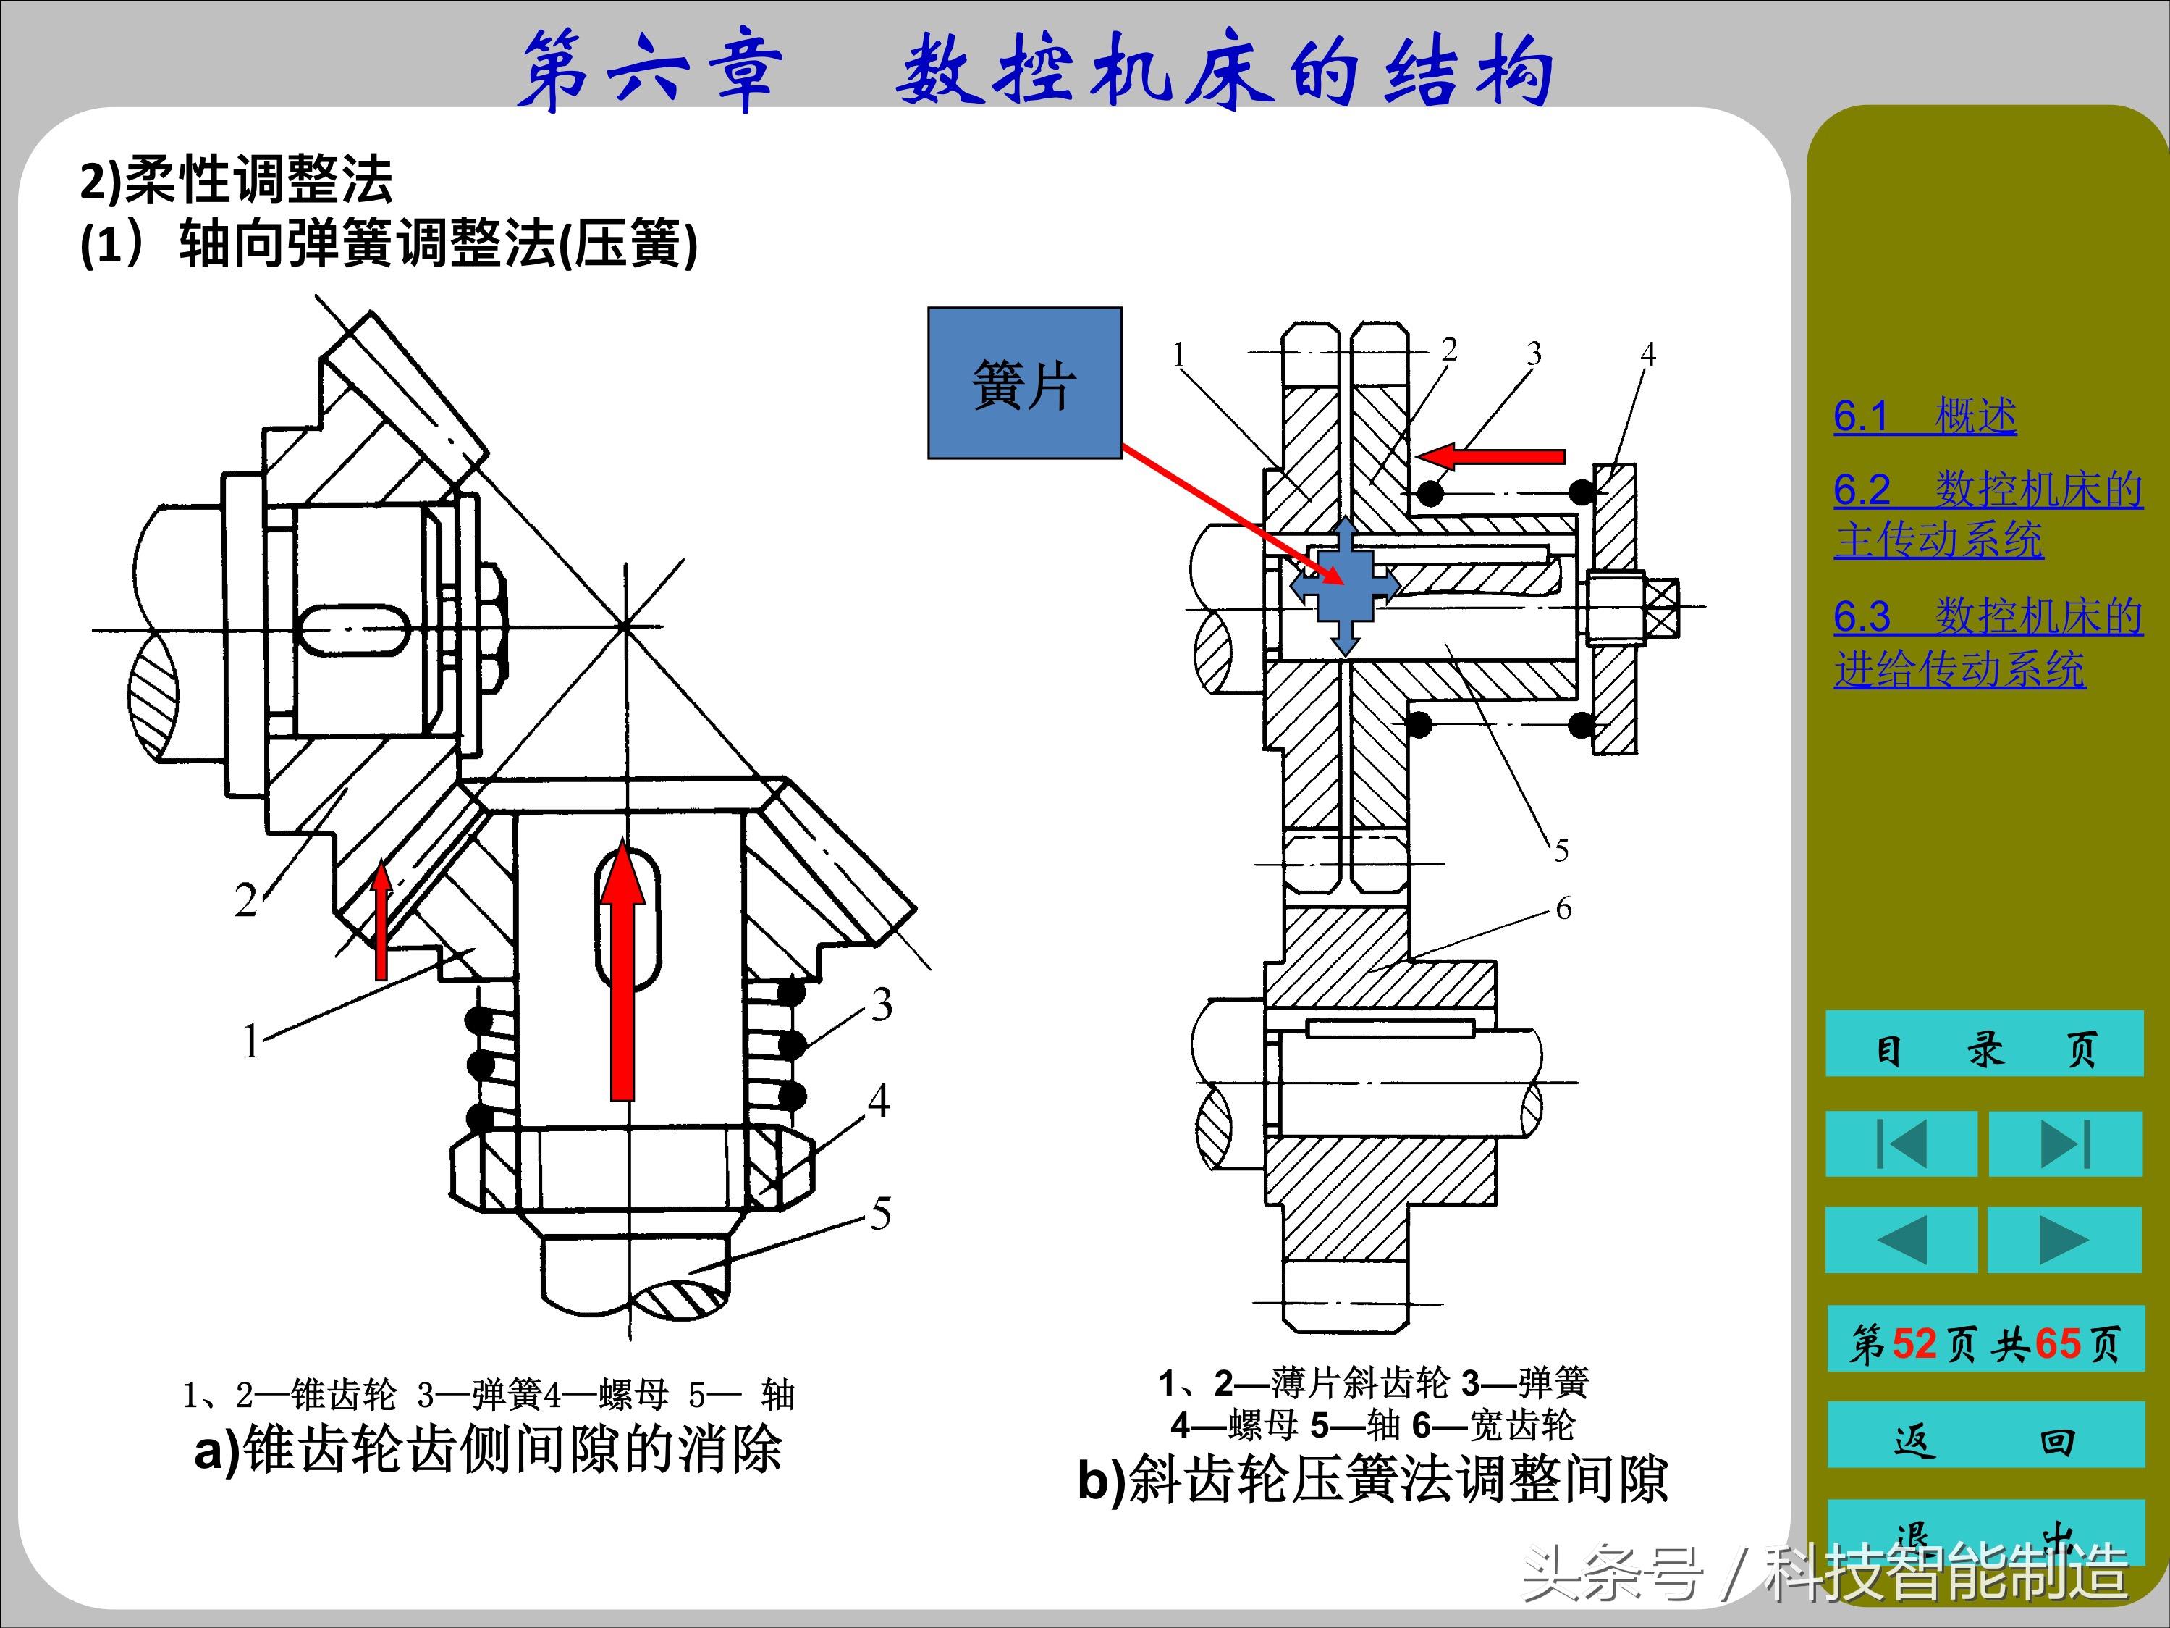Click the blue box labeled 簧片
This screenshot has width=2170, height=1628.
point(1024,382)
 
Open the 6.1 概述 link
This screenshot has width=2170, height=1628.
point(1924,416)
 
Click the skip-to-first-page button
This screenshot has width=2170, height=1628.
point(1900,1144)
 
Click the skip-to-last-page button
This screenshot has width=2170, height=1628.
point(2064,1144)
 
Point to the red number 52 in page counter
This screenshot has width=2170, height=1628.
point(1914,1343)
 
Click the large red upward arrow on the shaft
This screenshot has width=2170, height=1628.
point(622,971)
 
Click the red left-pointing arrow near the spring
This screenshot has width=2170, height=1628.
point(1491,456)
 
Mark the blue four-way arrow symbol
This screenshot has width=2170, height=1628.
point(1345,586)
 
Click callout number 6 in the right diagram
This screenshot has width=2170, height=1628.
point(1563,909)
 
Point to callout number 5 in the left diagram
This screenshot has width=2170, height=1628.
point(880,1214)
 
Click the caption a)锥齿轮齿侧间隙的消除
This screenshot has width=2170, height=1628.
point(488,1449)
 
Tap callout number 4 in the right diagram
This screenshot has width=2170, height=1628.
point(1647,354)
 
